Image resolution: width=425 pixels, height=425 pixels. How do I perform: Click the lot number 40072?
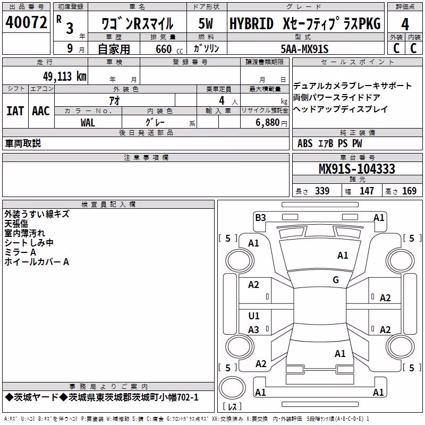tap(26, 22)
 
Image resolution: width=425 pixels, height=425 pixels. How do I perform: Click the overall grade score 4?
tap(405, 24)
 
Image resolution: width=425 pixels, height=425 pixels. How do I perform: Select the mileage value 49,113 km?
tap(65, 76)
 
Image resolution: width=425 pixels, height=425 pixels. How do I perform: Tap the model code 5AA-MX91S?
tap(304, 49)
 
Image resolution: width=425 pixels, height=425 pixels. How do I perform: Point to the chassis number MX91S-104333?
tap(357, 169)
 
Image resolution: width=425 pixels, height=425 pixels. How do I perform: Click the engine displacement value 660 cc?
tap(169, 49)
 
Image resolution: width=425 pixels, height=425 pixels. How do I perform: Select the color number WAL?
tap(88, 123)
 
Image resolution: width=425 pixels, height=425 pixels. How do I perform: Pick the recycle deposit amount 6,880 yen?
tap(271, 123)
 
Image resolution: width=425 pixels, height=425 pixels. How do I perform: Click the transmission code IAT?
tap(15, 111)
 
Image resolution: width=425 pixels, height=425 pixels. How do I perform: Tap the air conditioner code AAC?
tap(41, 111)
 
